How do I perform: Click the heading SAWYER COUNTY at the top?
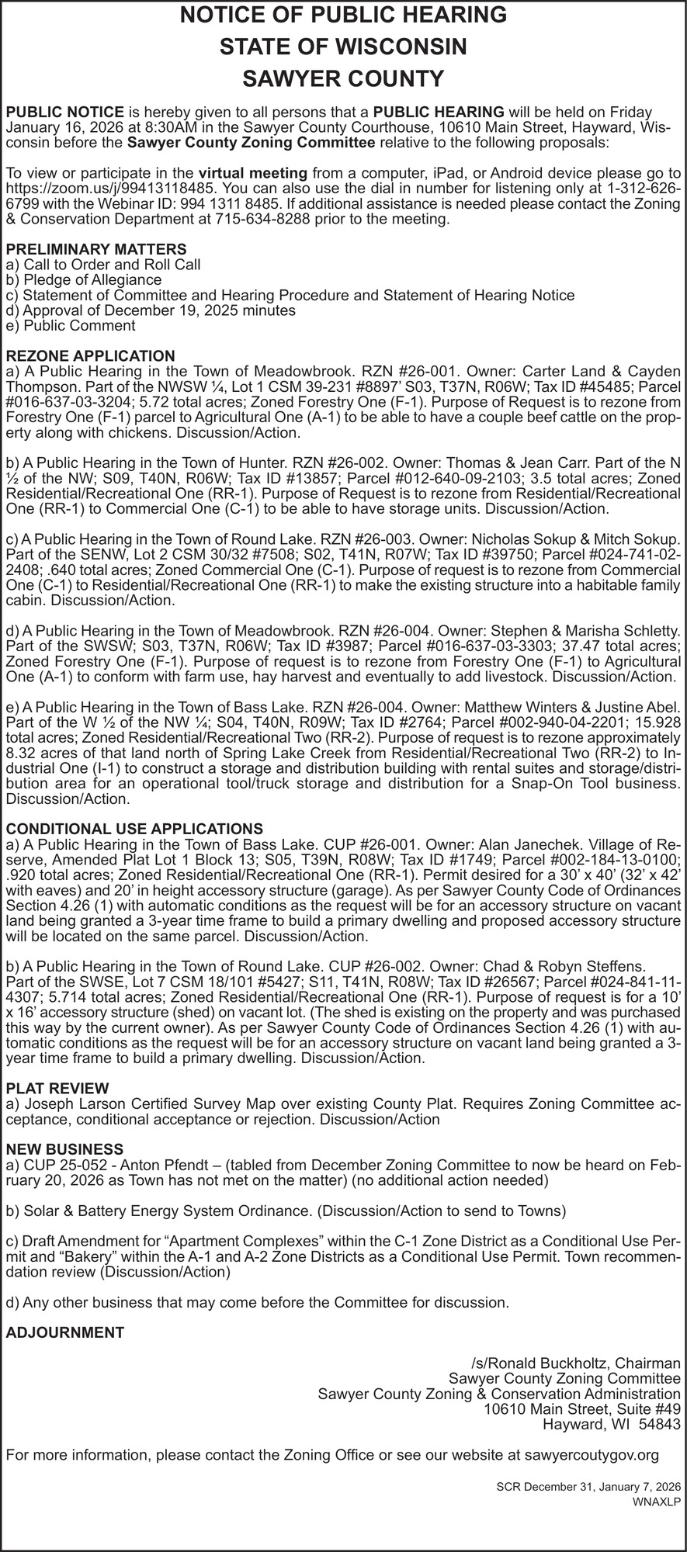coord(343,79)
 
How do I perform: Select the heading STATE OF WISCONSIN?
coord(343,47)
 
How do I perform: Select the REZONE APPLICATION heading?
coord(90,355)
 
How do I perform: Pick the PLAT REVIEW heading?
coord(57,1088)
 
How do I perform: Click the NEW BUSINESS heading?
coord(64,1148)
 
